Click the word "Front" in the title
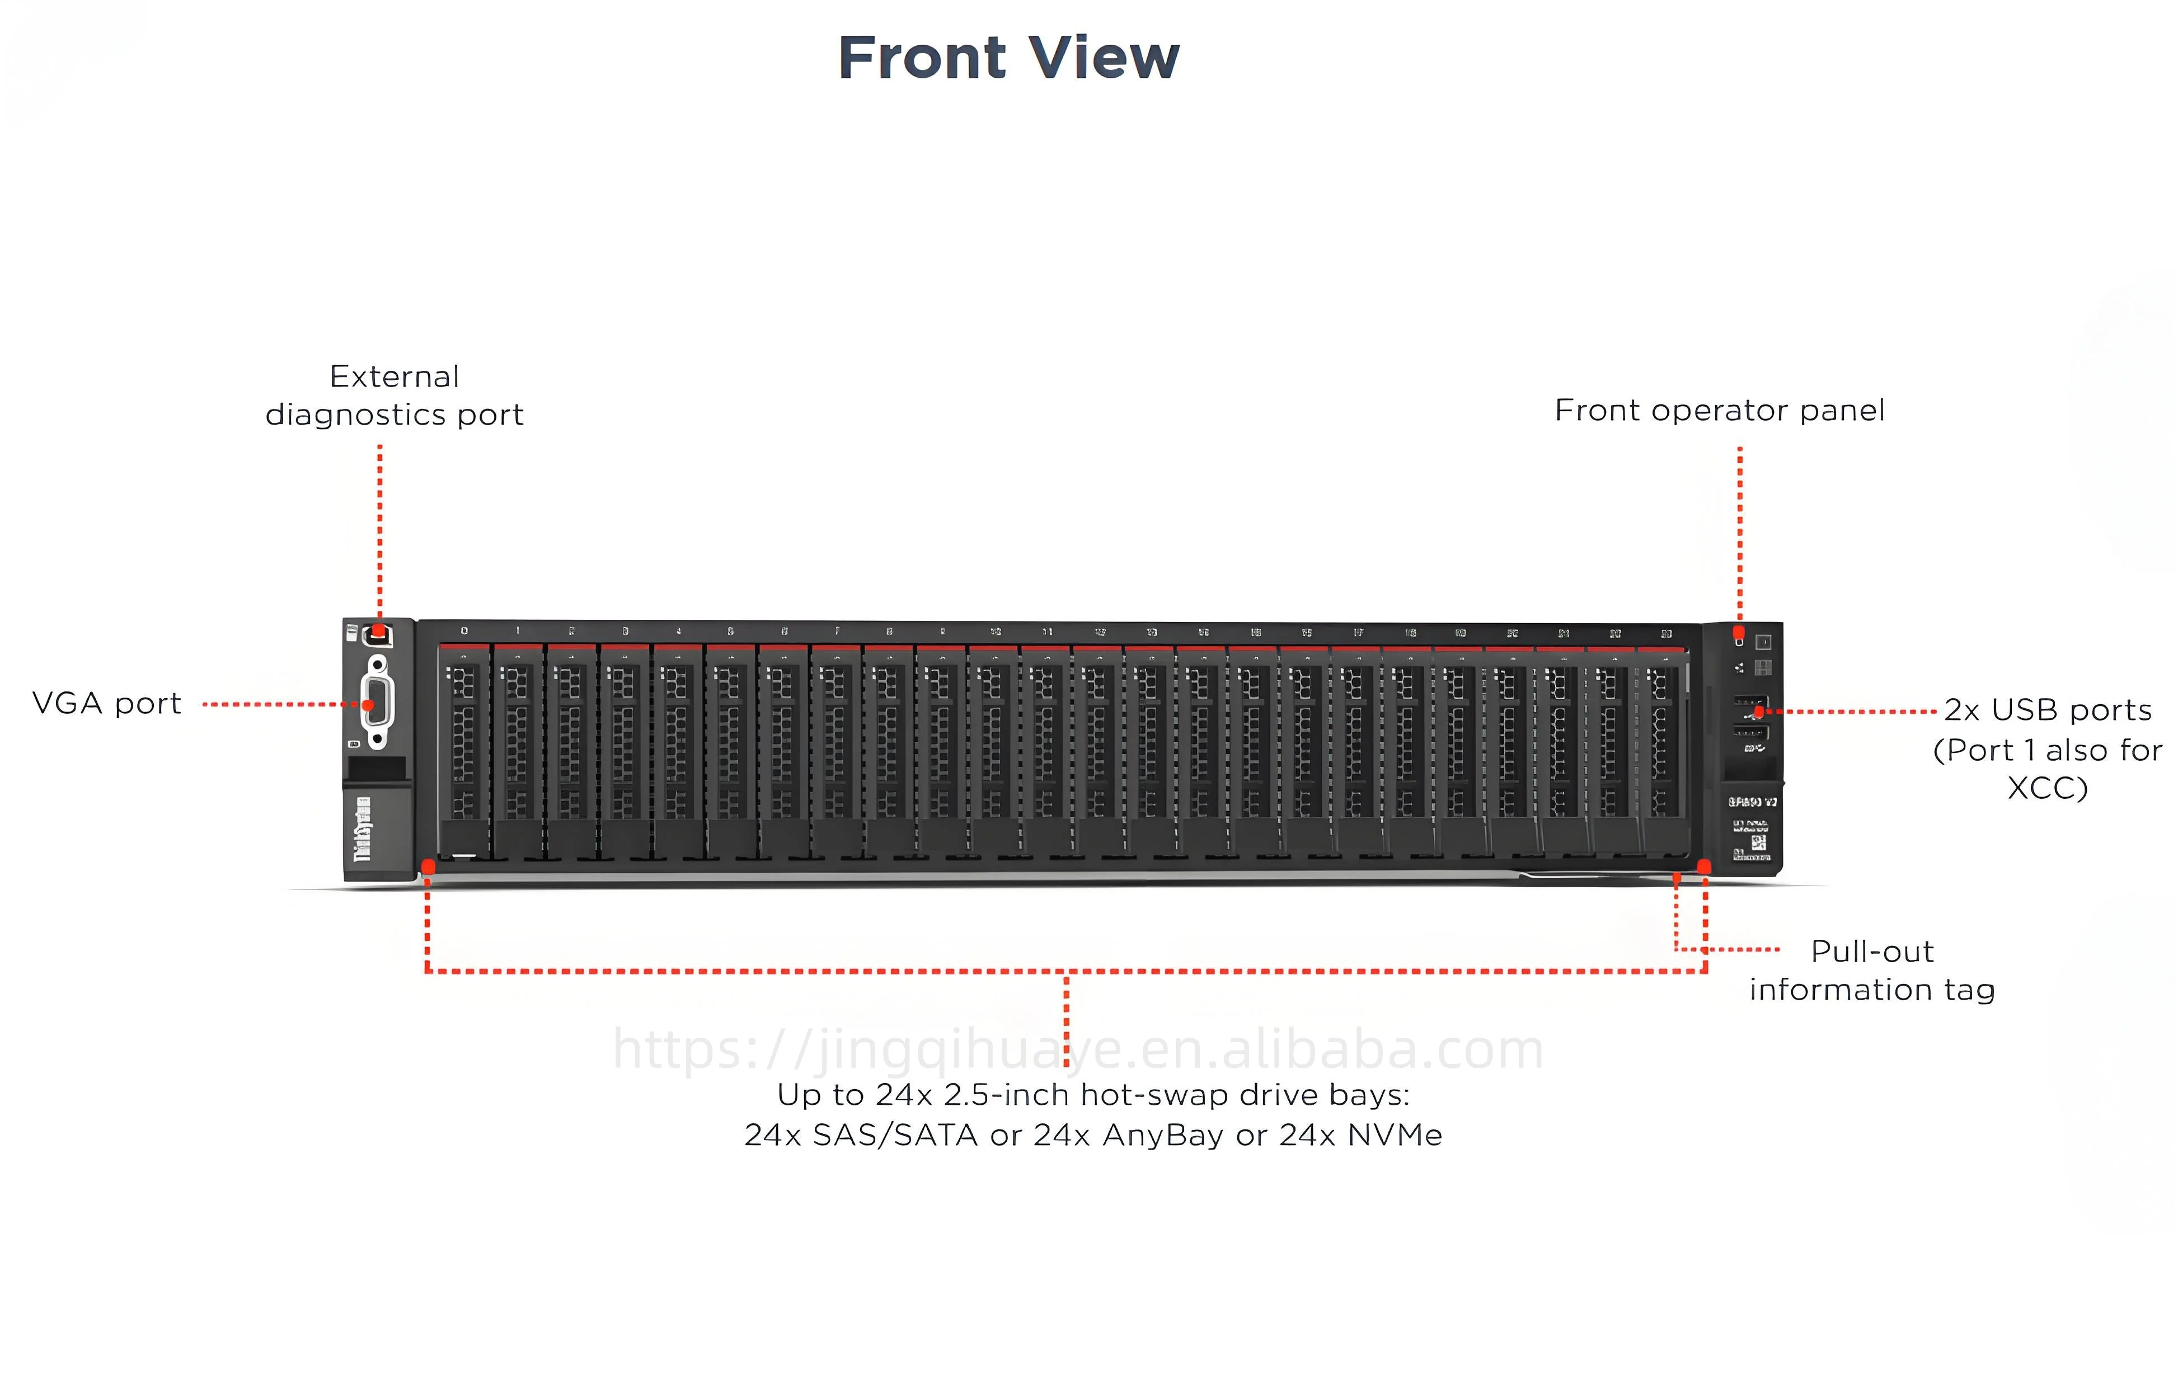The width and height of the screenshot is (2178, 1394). click(x=921, y=58)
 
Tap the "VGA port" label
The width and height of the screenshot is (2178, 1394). click(x=107, y=703)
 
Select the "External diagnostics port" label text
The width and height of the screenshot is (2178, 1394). click(x=394, y=395)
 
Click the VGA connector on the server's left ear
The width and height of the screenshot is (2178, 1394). click(x=377, y=703)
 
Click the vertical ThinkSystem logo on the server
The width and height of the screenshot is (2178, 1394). click(x=362, y=828)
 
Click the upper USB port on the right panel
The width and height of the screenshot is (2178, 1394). click(x=1750, y=703)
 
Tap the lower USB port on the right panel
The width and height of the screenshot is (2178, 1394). click(x=1750, y=731)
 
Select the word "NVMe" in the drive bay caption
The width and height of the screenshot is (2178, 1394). click(x=1395, y=1135)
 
